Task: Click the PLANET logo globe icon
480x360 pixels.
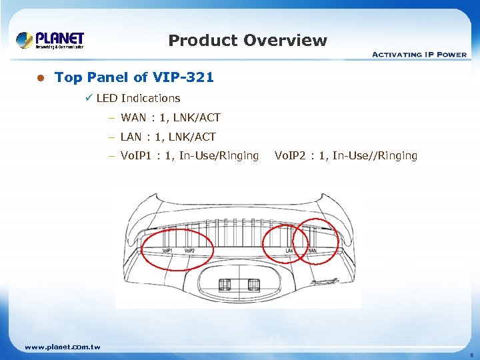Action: click(25, 40)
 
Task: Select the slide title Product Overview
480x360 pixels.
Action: click(247, 41)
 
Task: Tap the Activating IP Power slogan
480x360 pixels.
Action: click(419, 55)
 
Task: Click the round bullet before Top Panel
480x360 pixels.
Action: click(40, 78)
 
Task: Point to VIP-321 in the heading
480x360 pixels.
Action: click(184, 77)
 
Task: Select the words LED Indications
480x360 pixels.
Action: click(138, 98)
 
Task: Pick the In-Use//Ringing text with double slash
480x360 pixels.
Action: click(375, 155)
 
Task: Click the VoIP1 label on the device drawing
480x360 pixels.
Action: click(168, 251)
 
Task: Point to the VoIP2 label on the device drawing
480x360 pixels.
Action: click(189, 251)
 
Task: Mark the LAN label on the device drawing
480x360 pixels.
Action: click(290, 251)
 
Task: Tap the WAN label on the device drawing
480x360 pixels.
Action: click(311, 251)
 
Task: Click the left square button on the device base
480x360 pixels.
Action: click(225, 285)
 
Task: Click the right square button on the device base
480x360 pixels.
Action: click(253, 285)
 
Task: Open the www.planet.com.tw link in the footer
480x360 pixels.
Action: click(62, 347)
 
